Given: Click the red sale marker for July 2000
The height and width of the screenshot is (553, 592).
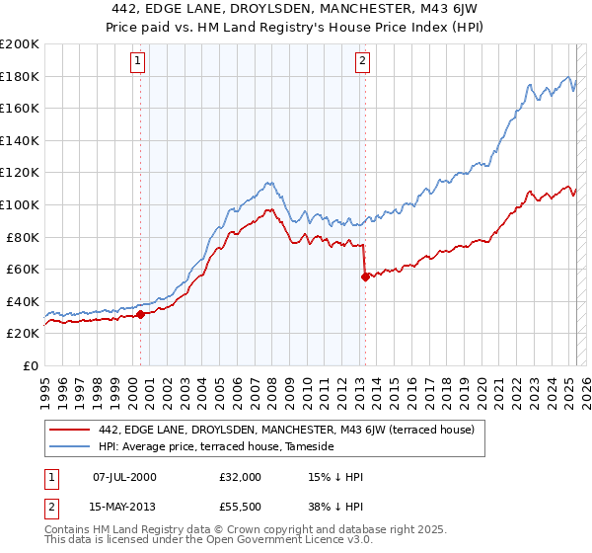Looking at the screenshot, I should point(140,314).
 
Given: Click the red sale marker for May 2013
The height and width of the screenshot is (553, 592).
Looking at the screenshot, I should point(365,276).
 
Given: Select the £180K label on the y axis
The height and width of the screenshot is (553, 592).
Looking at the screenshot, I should point(20,76).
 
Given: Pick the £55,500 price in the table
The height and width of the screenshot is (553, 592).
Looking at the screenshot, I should point(241,509).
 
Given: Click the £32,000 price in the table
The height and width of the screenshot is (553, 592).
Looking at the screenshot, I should point(241,477).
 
